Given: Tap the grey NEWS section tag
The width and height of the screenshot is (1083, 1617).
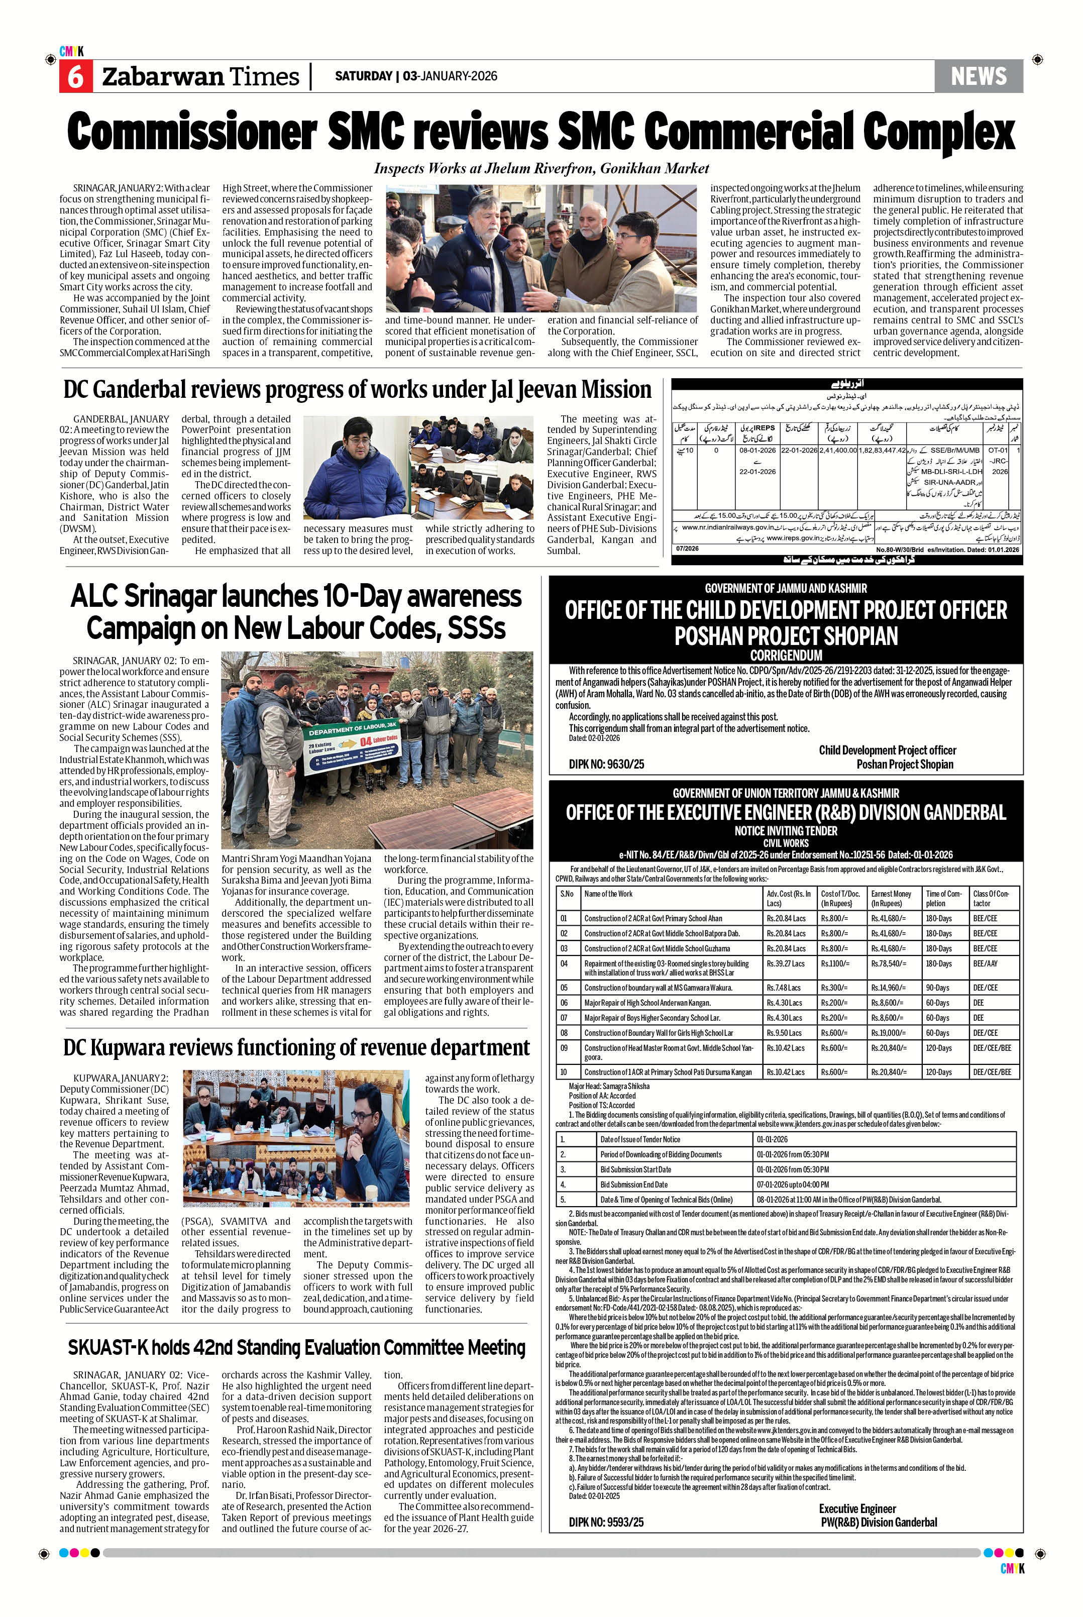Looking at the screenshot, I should [978, 76].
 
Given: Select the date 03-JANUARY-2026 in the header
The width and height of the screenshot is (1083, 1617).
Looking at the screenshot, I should [450, 76].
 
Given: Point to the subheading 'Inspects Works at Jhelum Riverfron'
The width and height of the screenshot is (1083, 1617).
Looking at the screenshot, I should [541, 168].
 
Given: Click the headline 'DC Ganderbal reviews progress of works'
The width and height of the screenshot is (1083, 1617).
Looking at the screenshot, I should [357, 390].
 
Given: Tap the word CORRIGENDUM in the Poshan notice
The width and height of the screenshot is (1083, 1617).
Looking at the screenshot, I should [786, 655].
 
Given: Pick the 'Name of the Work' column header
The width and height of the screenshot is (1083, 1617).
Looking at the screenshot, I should [608, 894].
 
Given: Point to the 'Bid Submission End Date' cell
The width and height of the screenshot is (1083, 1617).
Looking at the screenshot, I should [635, 1184].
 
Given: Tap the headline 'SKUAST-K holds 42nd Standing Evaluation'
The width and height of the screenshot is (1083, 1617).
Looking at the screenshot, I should [296, 1348].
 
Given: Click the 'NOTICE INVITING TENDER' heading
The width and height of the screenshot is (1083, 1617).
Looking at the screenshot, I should [786, 831].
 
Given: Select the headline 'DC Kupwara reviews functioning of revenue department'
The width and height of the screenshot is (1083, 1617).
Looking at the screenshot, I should [296, 1048].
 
